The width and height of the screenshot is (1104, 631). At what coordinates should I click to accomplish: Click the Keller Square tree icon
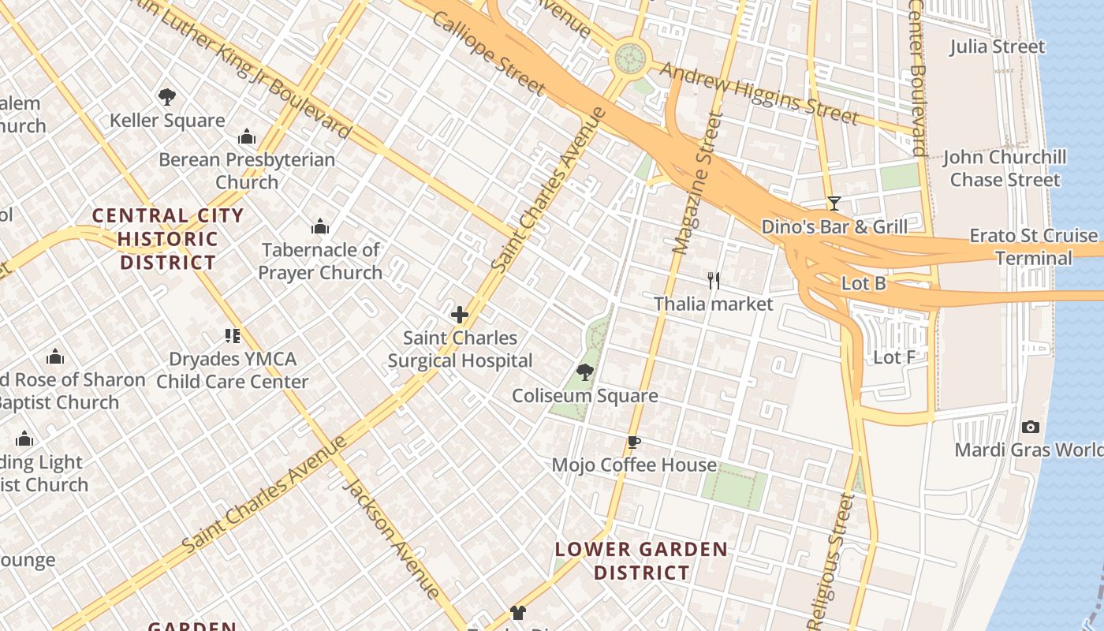[166, 97]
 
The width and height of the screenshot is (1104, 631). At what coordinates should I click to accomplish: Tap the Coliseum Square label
[584, 396]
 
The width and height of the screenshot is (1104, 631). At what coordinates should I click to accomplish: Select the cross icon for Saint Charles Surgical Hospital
[460, 315]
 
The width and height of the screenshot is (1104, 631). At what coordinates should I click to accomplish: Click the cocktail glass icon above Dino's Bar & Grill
[834, 203]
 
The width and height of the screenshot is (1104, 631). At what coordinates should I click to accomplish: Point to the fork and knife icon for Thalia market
[714, 280]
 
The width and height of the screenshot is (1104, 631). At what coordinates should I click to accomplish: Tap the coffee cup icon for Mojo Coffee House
[634, 442]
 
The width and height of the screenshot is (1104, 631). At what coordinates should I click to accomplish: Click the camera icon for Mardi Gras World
[1030, 427]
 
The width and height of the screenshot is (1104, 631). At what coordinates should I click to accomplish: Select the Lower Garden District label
[641, 561]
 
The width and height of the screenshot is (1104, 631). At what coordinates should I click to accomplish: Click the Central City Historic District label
[167, 239]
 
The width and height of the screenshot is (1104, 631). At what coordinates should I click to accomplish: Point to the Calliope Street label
[488, 54]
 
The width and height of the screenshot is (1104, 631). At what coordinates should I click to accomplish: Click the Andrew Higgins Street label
[759, 94]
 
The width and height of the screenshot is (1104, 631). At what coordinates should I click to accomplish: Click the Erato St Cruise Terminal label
[1033, 247]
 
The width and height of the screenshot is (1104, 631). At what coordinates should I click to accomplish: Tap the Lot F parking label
[894, 357]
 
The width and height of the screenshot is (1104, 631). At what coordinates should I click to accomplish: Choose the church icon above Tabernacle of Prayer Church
[320, 227]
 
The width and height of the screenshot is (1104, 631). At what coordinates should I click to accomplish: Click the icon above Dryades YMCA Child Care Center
[232, 336]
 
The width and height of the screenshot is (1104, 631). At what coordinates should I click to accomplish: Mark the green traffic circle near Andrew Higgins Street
[630, 58]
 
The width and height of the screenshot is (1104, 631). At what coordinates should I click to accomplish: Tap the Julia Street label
[997, 47]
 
